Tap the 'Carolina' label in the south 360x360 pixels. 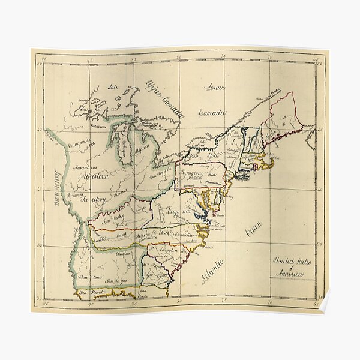coord(169,251)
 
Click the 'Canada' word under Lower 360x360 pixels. coord(211,112)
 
